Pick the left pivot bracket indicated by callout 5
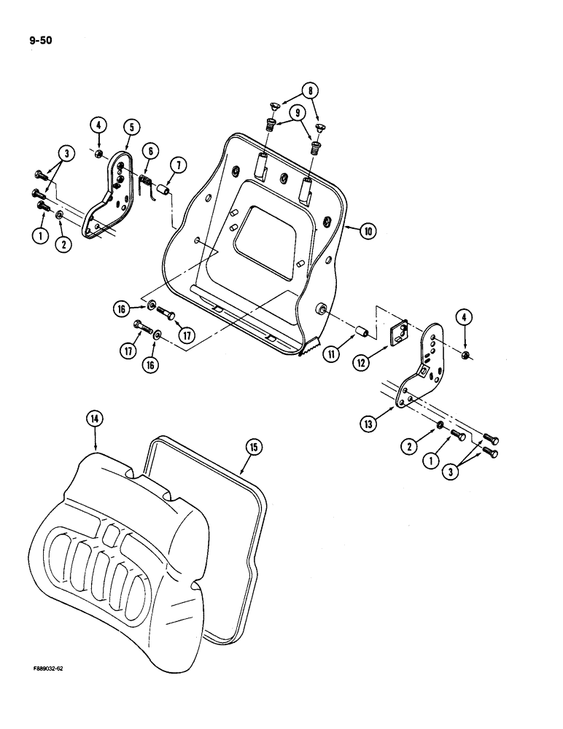[x=110, y=200]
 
